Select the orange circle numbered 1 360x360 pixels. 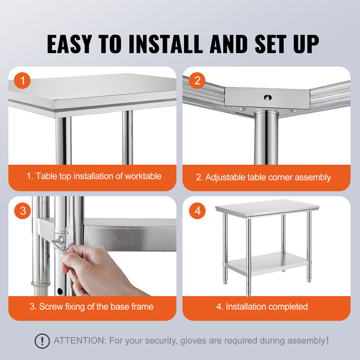pyautogui.click(x=22, y=81)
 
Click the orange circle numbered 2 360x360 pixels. pyautogui.click(x=197, y=81)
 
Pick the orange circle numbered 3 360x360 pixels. pyautogui.click(x=22, y=211)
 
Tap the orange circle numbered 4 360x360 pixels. pyautogui.click(x=197, y=211)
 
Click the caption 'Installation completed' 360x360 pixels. pyautogui.click(x=262, y=307)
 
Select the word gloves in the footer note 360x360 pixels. pyautogui.click(x=193, y=341)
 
